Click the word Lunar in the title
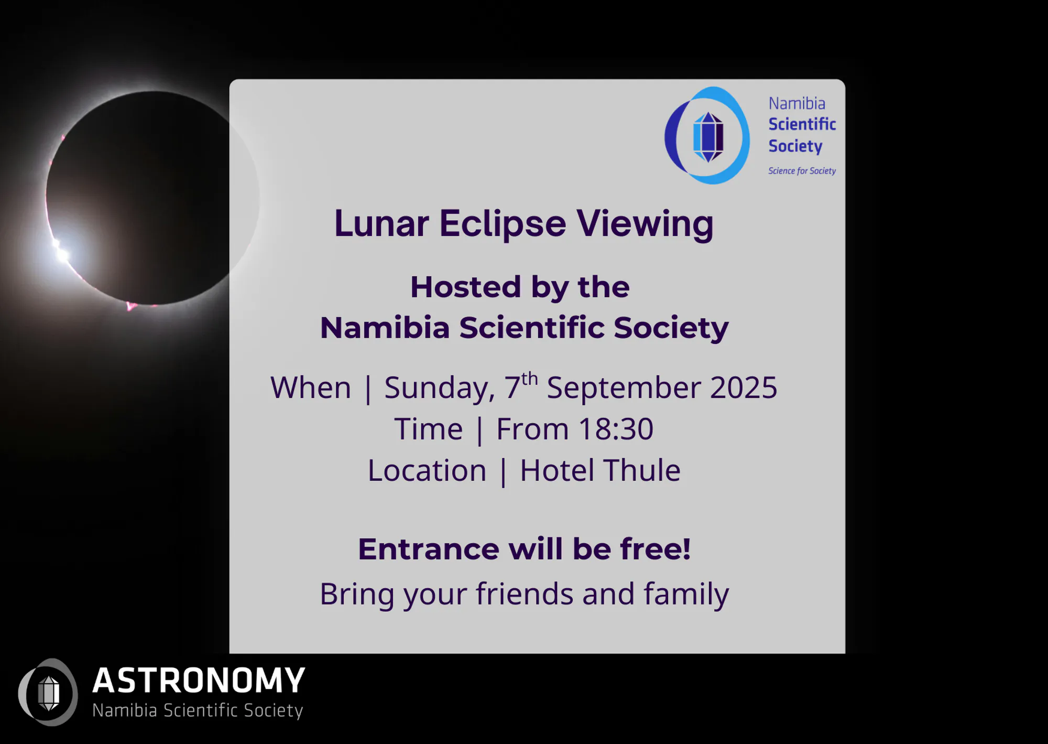coord(381,224)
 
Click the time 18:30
coord(616,429)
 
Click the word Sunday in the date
coord(440,389)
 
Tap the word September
coord(624,389)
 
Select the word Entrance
coord(428,549)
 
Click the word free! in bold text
coord(656,548)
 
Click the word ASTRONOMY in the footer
coord(199,681)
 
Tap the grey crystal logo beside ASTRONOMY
coord(48,692)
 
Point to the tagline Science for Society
coord(802,171)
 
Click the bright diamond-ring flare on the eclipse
coord(61,251)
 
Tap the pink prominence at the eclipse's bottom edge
coord(130,306)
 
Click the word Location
coord(427,470)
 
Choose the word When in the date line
coord(311,388)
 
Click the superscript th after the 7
coord(529,379)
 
